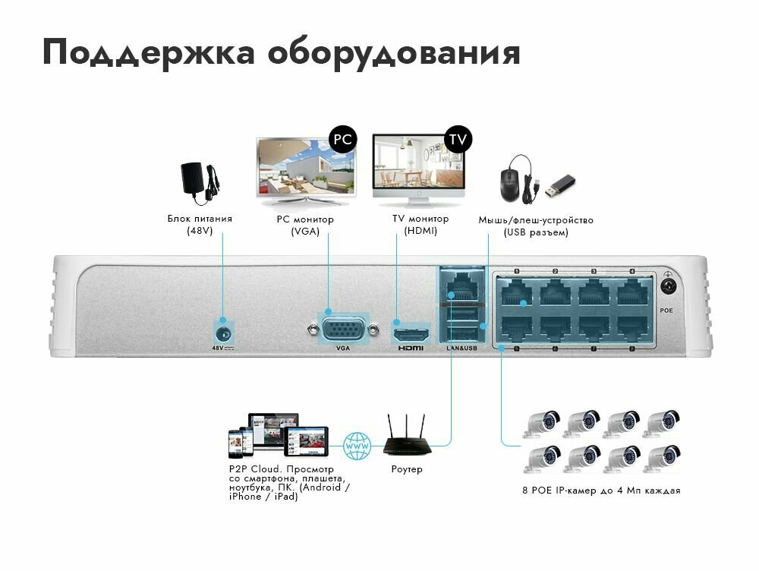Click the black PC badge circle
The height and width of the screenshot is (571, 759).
(x=342, y=139)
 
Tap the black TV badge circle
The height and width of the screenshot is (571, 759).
(x=458, y=139)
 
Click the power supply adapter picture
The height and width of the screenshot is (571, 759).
(x=200, y=181)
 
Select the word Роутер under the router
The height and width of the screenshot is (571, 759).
(x=407, y=469)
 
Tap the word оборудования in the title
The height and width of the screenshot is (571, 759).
(x=394, y=53)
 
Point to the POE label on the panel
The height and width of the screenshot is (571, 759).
(x=666, y=311)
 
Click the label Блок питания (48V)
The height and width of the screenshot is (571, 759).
(x=200, y=225)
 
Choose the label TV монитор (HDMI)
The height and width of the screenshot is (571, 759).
(x=420, y=225)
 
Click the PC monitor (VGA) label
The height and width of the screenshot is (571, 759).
(x=305, y=226)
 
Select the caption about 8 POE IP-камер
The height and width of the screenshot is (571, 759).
(x=601, y=491)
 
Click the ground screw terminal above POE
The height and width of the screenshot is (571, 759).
(x=669, y=286)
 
